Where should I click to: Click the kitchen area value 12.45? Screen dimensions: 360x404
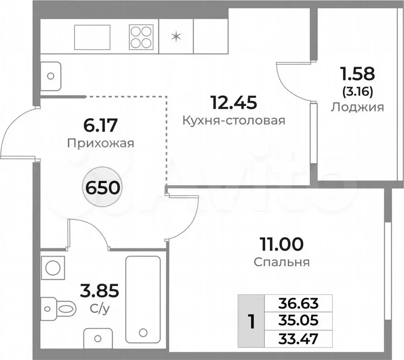coord(234,102)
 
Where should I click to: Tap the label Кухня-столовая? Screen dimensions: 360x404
coord(234,121)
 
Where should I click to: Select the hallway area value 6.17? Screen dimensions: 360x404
coord(101,126)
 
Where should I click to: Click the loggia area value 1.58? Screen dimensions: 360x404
coord(357,74)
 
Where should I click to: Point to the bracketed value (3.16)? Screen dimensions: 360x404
coord(357,91)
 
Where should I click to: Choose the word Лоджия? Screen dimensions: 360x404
coord(357,107)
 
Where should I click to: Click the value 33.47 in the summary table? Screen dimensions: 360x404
coord(299,338)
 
